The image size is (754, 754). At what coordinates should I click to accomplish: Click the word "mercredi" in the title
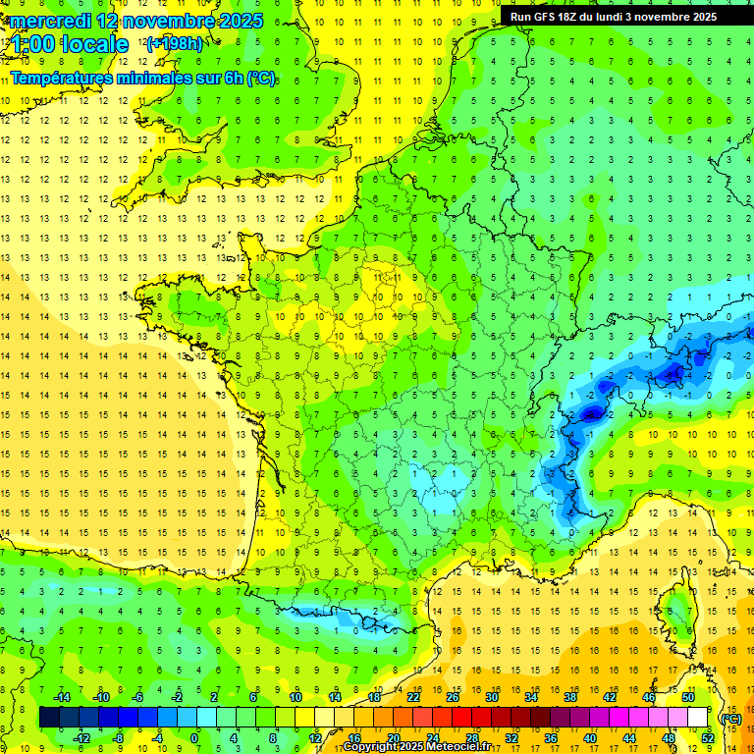point(51,21)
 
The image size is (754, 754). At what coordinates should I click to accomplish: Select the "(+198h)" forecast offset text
point(175,43)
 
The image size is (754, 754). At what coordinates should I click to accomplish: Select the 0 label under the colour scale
point(194,738)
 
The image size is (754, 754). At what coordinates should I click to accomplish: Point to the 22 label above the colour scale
point(413,696)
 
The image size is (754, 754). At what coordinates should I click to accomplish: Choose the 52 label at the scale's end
point(708,738)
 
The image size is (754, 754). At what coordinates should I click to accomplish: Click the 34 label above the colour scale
point(531,696)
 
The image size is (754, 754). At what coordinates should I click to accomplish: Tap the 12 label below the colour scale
point(314,738)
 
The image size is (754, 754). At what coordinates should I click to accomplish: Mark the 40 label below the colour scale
point(590,738)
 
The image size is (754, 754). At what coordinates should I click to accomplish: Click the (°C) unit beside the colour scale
point(730,718)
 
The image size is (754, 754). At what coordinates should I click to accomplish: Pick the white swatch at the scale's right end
point(698,718)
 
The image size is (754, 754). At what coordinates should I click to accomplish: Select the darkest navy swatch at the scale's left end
point(49,718)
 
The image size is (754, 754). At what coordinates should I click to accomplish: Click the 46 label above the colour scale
point(649,696)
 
